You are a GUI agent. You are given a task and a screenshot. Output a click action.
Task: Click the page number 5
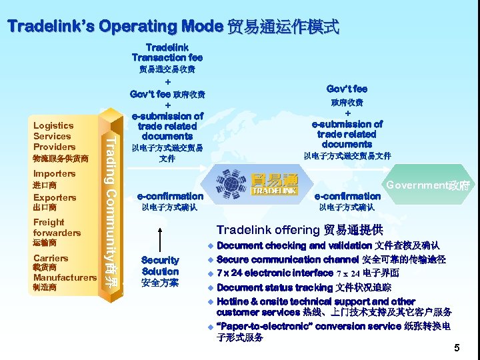(457, 348)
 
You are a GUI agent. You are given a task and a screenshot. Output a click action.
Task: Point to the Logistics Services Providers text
(54, 136)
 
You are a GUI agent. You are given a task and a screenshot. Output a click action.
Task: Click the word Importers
(54, 173)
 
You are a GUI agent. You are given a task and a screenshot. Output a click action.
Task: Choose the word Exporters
(55, 197)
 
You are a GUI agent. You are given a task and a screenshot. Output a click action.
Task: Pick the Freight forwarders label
(57, 227)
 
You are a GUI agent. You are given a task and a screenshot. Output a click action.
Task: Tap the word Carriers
(51, 257)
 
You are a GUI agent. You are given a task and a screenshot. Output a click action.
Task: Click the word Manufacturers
(65, 277)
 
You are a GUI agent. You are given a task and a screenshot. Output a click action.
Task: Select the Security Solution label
(160, 266)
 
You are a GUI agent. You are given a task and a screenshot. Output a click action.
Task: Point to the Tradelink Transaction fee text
(167, 53)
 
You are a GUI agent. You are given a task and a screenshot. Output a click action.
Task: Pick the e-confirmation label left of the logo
(170, 196)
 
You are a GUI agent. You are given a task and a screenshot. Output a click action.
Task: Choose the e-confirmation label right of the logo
(347, 196)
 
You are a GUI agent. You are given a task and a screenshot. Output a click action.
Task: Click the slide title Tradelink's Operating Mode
(173, 27)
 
